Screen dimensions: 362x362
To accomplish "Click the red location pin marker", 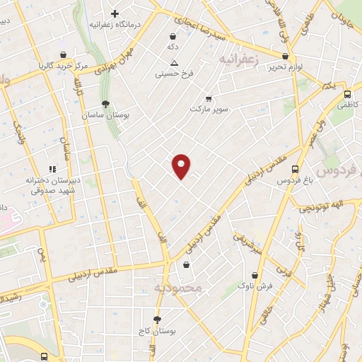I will pos(182,165).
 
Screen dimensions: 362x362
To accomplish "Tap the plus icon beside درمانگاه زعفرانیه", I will pos(115,13).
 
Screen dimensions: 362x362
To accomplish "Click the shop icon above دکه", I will pos(173,36).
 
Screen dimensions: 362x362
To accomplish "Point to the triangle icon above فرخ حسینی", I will pos(173,62).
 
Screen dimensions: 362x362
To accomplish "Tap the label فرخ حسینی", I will pos(173,73).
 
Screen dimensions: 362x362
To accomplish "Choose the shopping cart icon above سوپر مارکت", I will pos(208,99).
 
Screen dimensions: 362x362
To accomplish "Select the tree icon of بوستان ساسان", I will pos(105,104).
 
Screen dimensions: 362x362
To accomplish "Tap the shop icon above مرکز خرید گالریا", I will pos(64,54).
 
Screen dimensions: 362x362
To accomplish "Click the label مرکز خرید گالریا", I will pos(64,66).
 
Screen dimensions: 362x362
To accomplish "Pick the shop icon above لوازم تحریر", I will pos(285,56).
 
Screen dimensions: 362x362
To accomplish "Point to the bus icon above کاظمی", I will pos(346,94).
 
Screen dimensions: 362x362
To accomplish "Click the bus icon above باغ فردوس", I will pos(295,170).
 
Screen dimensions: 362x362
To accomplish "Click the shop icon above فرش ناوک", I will pos(255,275).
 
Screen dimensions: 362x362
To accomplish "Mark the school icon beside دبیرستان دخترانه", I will pos(52,169).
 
